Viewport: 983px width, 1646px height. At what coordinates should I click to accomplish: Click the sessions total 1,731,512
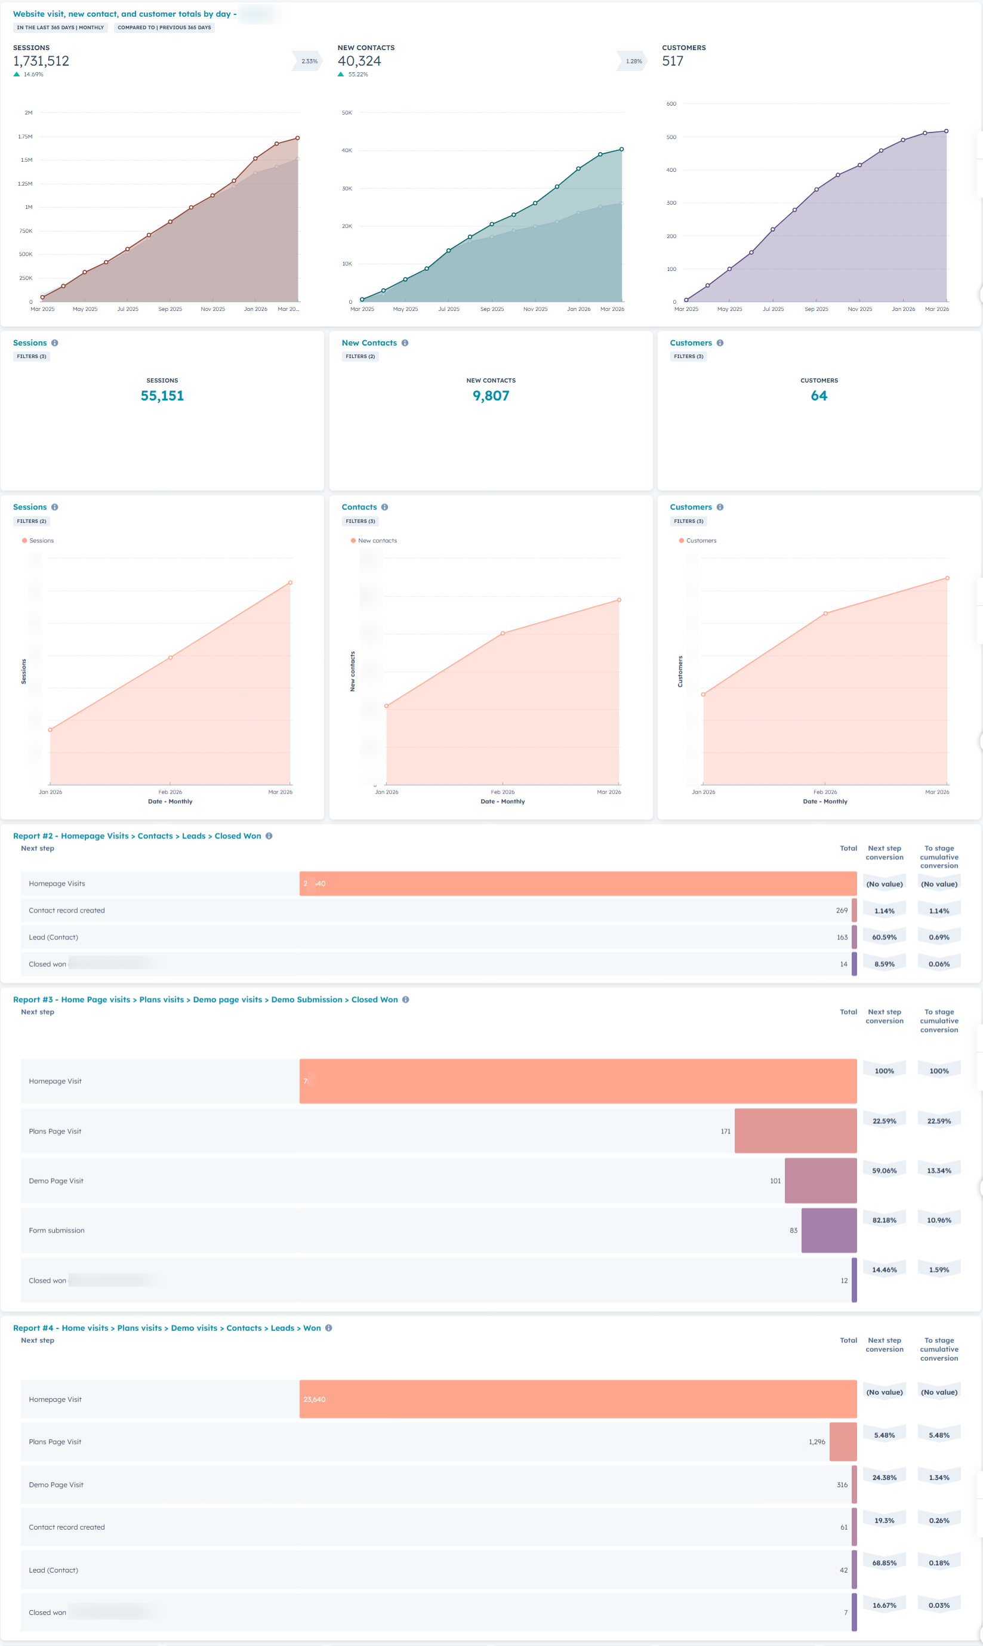[x=41, y=61]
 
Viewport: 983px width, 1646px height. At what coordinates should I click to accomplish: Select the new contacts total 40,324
[x=359, y=61]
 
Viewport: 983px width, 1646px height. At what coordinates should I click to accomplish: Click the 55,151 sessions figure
[x=162, y=396]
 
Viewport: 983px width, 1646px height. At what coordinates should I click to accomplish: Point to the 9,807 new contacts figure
[x=490, y=396]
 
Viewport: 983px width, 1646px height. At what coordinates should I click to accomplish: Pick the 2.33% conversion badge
[x=309, y=61]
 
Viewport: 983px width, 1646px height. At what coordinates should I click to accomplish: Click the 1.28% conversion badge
[x=633, y=61]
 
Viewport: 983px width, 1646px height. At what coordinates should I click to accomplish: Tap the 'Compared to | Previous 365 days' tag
[x=164, y=28]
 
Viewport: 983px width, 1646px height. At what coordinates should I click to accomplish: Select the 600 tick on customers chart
[x=671, y=104]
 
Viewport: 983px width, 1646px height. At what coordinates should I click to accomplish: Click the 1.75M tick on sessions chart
[x=25, y=137]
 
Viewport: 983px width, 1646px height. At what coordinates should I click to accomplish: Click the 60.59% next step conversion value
[x=884, y=937]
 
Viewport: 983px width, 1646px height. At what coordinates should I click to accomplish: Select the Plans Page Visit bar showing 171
[x=795, y=1131]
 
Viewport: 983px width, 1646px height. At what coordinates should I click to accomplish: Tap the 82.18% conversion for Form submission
[x=884, y=1220]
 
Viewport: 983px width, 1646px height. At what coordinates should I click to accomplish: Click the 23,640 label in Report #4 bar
[x=314, y=1399]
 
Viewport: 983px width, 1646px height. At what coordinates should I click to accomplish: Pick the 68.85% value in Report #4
[x=884, y=1562]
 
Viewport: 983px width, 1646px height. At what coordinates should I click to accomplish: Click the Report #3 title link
[x=205, y=1000]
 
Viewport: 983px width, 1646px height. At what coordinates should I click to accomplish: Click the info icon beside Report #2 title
[x=269, y=836]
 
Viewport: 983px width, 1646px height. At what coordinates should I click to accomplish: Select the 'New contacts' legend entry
[x=377, y=541]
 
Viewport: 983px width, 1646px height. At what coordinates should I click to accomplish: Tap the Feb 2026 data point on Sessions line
[x=170, y=657]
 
